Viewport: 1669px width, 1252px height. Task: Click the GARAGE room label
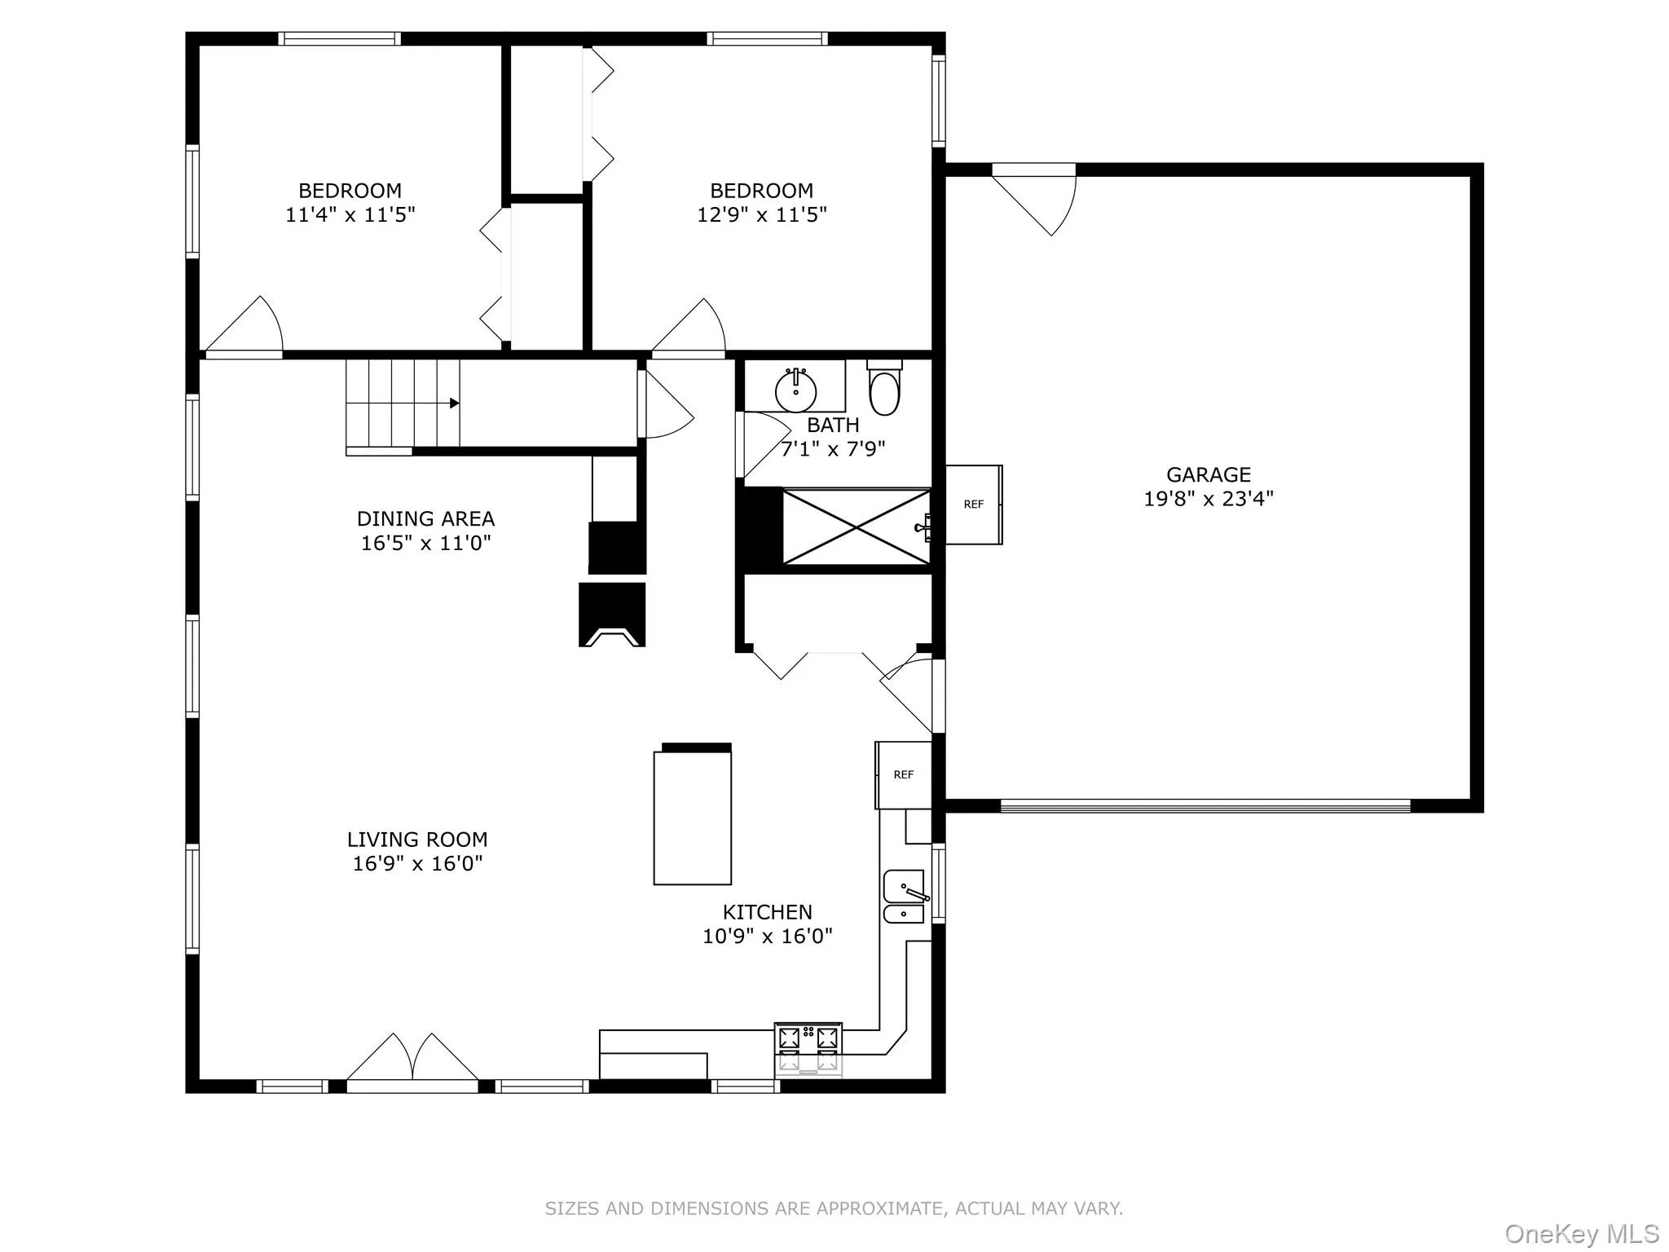(x=1208, y=474)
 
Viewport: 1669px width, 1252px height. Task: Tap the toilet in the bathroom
(x=884, y=392)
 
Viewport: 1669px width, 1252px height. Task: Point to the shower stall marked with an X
(x=856, y=527)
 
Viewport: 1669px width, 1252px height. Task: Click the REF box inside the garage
(x=973, y=505)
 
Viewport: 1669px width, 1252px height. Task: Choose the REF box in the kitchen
(x=903, y=775)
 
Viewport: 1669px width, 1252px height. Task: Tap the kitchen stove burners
(x=808, y=1047)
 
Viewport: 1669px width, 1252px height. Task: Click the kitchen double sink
(x=904, y=897)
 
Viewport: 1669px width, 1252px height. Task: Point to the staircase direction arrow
(x=453, y=403)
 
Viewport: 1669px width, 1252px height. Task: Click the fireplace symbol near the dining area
(x=612, y=615)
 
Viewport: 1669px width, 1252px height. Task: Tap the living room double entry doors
(x=412, y=1060)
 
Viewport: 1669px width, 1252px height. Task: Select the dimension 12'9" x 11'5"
(x=761, y=215)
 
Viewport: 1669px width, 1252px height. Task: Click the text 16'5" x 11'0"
(x=425, y=543)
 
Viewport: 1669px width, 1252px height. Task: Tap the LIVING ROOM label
(x=417, y=840)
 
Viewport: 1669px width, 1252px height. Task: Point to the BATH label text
(x=833, y=425)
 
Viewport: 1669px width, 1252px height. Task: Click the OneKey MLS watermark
(x=1581, y=1233)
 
